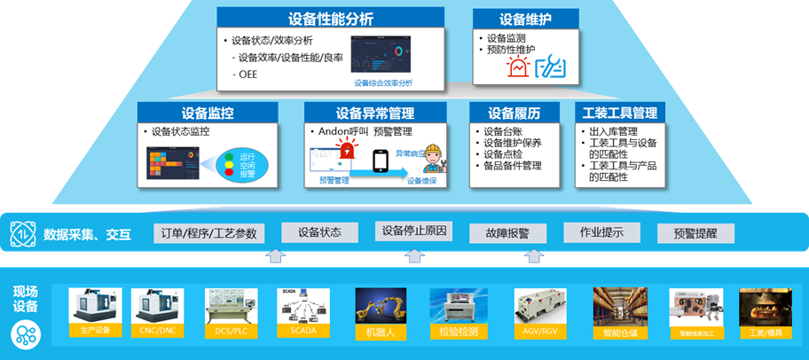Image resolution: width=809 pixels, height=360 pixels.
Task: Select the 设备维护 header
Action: [x=525, y=19]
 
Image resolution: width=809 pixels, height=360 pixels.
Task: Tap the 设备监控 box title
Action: [x=208, y=113]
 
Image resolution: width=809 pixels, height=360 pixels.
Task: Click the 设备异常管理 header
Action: [x=375, y=113]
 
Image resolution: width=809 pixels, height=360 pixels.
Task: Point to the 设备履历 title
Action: [x=514, y=113]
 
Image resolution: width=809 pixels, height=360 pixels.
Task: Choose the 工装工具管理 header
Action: [x=618, y=113]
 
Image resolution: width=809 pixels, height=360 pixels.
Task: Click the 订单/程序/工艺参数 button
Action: [x=208, y=233]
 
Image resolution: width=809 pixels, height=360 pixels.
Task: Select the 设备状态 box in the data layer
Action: [x=319, y=232]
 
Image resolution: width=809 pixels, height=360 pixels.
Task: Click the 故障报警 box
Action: [x=507, y=233]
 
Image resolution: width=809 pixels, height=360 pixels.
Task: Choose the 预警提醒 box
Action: [x=695, y=233]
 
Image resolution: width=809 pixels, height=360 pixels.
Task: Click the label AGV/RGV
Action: [x=541, y=332]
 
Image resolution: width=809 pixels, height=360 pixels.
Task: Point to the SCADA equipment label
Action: [x=302, y=330]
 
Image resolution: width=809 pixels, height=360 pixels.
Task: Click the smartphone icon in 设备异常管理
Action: [x=380, y=161]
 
